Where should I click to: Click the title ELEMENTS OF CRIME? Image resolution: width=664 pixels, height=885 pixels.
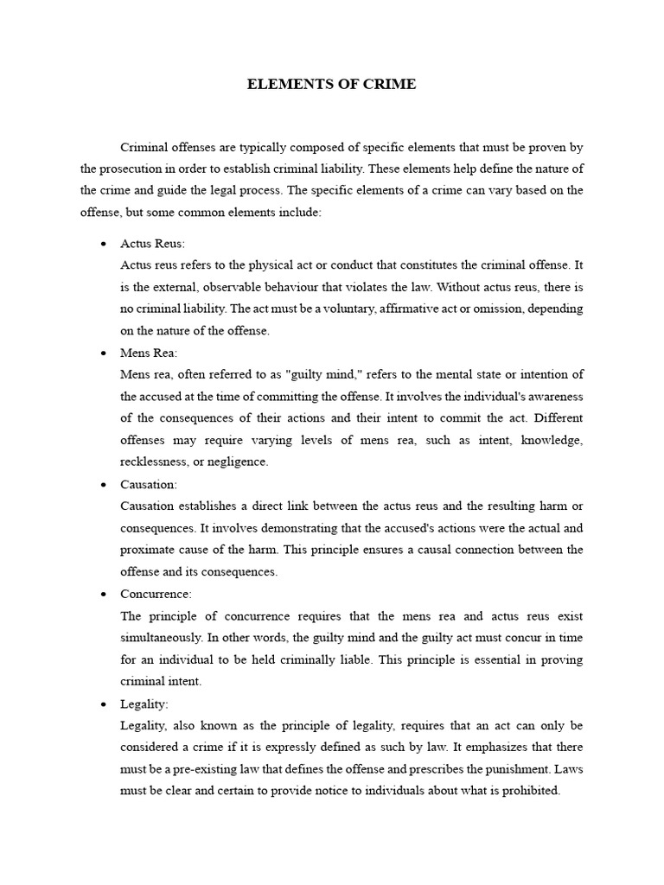pos(331,84)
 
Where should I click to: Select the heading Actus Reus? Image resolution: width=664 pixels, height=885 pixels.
pos(153,244)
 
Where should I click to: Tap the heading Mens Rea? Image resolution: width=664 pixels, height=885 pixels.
pos(150,353)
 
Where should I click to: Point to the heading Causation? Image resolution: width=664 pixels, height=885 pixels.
pos(149,485)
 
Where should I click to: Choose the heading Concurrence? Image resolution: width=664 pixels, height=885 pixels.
pos(156,595)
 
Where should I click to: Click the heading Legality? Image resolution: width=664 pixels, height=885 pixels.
pos(145,704)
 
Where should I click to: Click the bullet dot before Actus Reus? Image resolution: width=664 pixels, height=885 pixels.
pos(103,245)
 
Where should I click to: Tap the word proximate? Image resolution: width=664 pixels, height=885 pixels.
pos(149,550)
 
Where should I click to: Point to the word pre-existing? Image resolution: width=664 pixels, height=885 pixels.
pos(210,769)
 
